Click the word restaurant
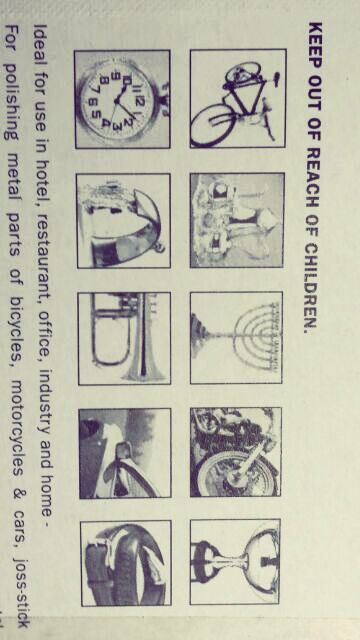(41, 260)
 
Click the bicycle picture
(238, 98)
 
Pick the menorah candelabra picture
(236, 338)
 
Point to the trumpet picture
(124, 338)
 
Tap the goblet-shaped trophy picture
(235, 562)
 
